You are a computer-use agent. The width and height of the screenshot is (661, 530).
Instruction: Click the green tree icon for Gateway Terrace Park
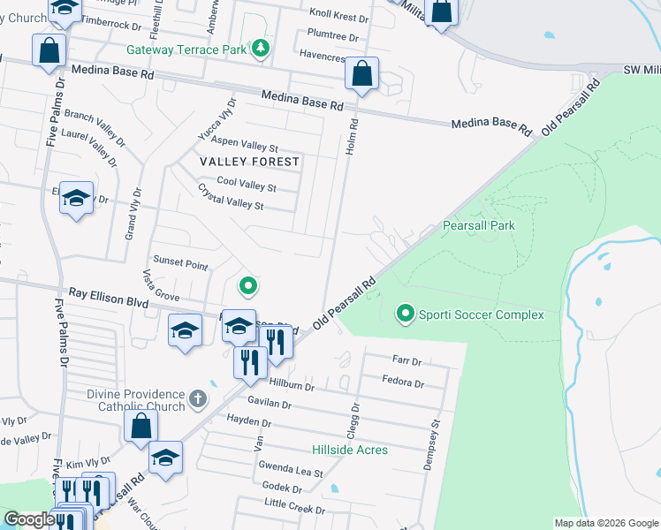click(260, 49)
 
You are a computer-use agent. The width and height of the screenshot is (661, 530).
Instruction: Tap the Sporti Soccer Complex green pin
click(406, 314)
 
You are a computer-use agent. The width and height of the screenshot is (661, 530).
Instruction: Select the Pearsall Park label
click(478, 226)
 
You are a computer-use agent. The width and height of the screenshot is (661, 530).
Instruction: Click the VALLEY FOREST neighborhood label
click(249, 162)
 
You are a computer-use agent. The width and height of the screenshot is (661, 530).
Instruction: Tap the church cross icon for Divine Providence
click(198, 398)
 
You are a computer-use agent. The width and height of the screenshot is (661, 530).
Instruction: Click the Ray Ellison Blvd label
click(105, 299)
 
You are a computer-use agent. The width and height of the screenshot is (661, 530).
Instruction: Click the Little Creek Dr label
click(295, 507)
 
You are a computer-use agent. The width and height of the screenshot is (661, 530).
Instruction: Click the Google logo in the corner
click(30, 519)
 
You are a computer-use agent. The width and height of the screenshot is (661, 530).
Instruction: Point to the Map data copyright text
click(605, 523)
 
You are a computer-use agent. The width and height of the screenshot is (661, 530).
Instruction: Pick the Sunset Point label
click(180, 264)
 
